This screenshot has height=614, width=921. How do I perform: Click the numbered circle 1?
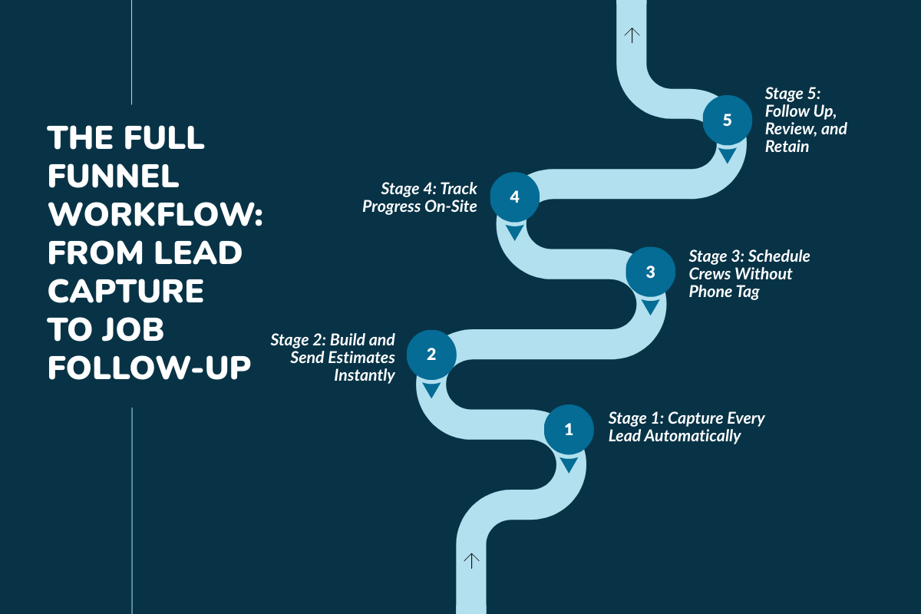pyautogui.click(x=569, y=429)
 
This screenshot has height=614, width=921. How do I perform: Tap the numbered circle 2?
pyautogui.click(x=431, y=354)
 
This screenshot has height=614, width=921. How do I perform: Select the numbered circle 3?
pyautogui.click(x=651, y=272)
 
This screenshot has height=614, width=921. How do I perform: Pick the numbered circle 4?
pyautogui.click(x=514, y=196)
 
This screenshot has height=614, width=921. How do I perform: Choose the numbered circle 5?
pyautogui.click(x=728, y=120)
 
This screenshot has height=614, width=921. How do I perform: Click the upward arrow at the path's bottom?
pyautogui.click(x=471, y=560)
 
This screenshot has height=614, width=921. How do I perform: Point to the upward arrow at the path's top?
pyautogui.click(x=631, y=35)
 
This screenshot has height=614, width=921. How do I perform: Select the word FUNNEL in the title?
pyautogui.click(x=113, y=177)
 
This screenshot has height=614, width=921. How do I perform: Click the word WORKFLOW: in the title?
pyautogui.click(x=155, y=216)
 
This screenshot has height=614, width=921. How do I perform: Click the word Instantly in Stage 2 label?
pyautogui.click(x=365, y=375)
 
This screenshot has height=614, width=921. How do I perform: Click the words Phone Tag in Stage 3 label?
pyautogui.click(x=724, y=292)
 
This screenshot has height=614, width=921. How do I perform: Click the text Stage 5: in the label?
pyautogui.click(x=793, y=94)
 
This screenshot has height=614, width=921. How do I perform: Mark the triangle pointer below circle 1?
pyautogui.click(x=569, y=465)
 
